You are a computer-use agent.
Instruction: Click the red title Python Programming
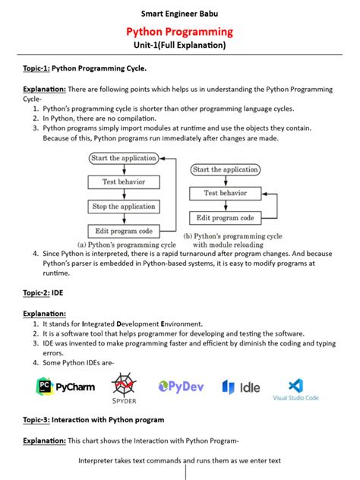click(179, 32)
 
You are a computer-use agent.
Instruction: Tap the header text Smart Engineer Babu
click(179, 13)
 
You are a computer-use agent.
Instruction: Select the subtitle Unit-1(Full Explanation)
click(179, 46)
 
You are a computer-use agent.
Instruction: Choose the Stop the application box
click(123, 206)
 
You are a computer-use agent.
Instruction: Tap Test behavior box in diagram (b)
click(224, 194)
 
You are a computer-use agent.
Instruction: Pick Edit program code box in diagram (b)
click(224, 218)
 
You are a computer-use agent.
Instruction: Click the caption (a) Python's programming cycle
click(127, 245)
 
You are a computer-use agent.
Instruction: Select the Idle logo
click(240, 387)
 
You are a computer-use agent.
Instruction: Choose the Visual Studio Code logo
click(296, 389)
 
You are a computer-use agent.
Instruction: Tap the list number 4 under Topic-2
click(36, 362)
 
